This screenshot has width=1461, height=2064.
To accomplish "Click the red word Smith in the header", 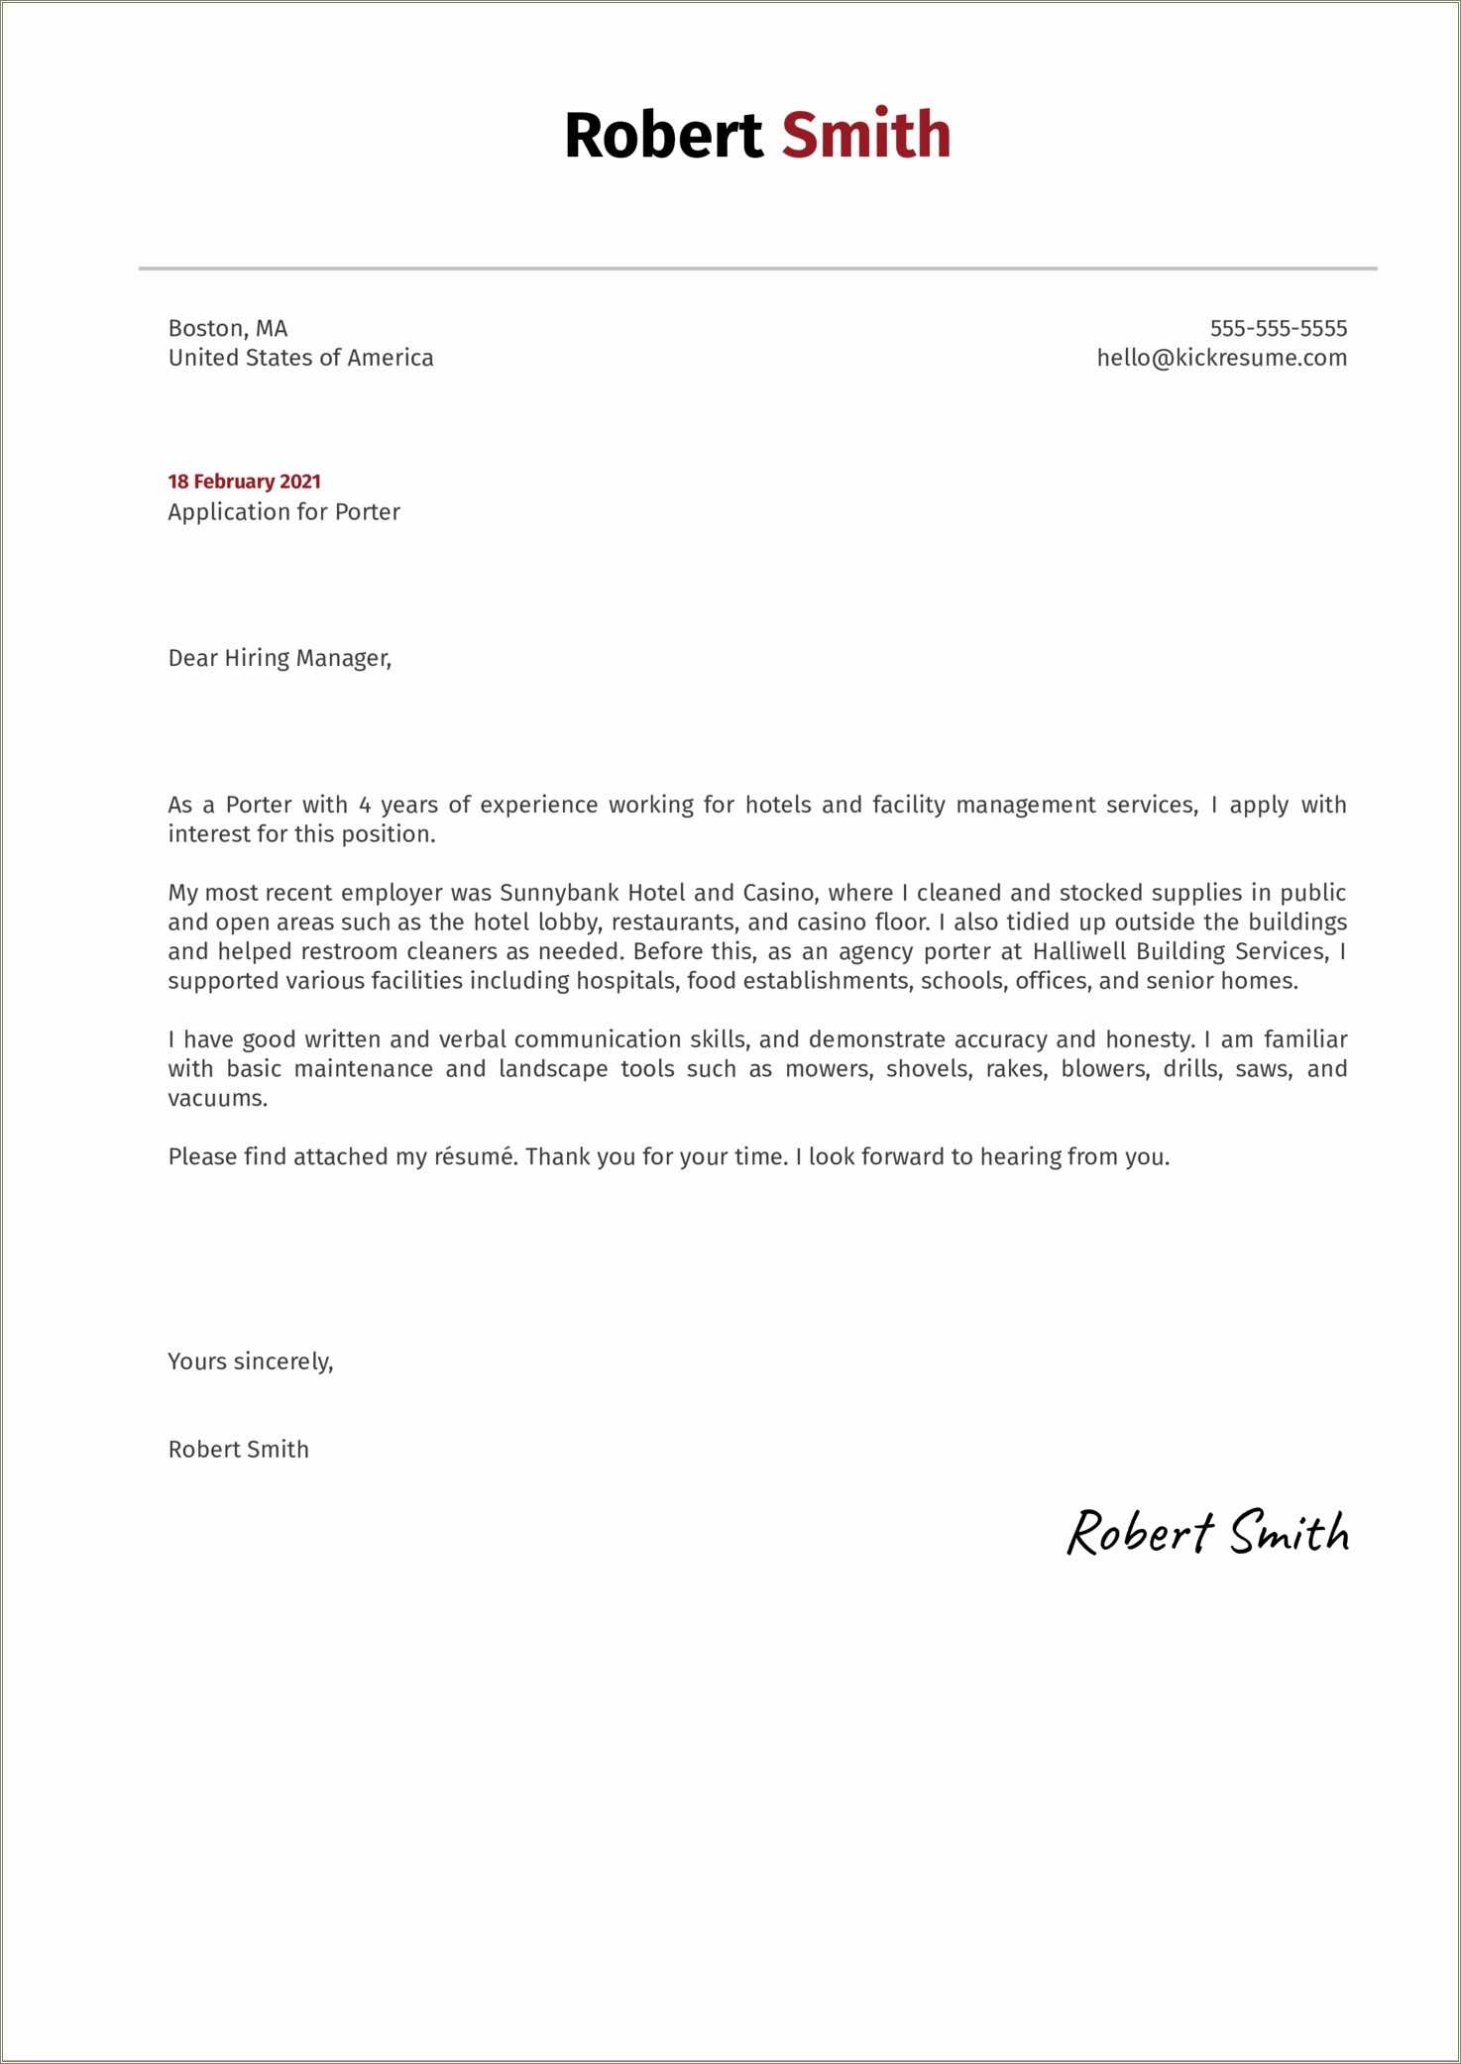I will click(x=865, y=135).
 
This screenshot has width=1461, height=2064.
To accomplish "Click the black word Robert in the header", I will click(x=663, y=135).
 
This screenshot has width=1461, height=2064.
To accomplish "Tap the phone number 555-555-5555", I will click(x=1278, y=328).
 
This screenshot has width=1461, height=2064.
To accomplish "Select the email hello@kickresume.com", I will click(x=1221, y=358).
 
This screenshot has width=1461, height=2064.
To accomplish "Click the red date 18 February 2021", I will click(x=244, y=482).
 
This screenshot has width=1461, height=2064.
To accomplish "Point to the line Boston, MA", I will click(x=228, y=328).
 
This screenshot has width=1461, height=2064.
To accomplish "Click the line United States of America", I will click(x=300, y=358).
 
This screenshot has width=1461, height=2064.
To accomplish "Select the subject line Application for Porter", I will click(x=283, y=512).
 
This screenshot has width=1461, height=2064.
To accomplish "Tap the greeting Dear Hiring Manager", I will click(x=280, y=658).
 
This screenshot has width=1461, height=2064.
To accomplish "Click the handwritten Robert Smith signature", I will click(x=1207, y=1533).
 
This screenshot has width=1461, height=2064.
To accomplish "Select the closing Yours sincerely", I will click(x=251, y=1361).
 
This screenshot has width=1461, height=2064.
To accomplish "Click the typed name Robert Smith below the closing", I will click(x=238, y=1450).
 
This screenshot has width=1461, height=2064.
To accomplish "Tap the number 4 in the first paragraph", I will click(x=365, y=805).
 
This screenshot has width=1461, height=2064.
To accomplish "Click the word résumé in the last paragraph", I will click(x=475, y=1156).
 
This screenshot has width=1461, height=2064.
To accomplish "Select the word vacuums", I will click(x=217, y=1098).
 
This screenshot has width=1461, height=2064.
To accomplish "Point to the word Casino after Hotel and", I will click(x=779, y=893).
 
